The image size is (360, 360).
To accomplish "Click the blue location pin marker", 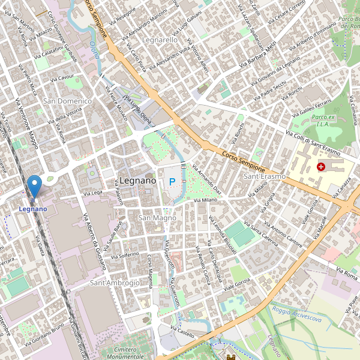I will (35, 185).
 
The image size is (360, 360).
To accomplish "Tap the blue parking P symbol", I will (173, 181).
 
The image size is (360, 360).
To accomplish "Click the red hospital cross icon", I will (321, 166).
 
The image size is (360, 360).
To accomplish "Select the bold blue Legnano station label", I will (32, 208).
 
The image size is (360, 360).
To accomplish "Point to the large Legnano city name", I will (137, 180).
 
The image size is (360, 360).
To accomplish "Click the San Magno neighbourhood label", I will (157, 218).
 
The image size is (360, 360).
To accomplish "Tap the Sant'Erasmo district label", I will (264, 176).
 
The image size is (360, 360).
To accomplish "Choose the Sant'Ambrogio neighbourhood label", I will (115, 282).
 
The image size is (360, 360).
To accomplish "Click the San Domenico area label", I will (67, 101).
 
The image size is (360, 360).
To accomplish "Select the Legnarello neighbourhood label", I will (160, 40).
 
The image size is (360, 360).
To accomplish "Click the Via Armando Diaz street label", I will (208, 179).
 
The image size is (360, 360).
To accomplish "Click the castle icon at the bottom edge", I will (231, 356).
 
